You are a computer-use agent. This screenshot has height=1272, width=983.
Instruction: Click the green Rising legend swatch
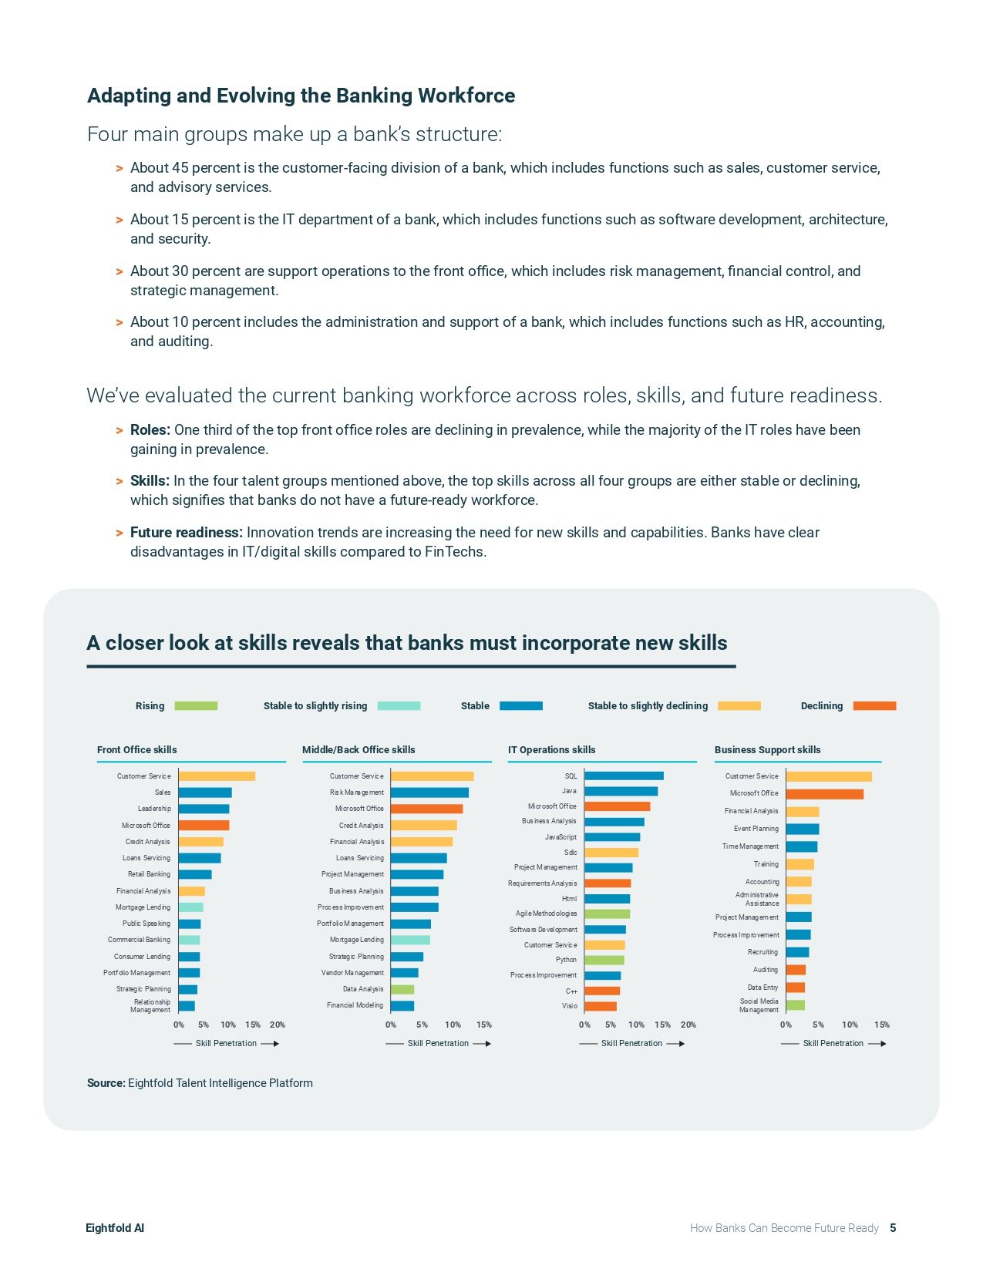[196, 705]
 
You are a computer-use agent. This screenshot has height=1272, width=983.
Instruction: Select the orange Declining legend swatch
[874, 705]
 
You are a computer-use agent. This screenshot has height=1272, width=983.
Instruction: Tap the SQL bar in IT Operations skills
[623, 776]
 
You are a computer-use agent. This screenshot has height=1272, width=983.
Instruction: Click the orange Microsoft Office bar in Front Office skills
[204, 825]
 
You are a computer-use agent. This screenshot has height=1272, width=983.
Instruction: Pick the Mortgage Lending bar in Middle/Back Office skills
[410, 940]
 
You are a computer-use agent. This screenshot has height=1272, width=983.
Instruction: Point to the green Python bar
[604, 960]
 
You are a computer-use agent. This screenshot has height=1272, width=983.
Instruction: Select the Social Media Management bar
[795, 1005]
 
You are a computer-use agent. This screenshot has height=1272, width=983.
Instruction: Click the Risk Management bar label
[356, 792]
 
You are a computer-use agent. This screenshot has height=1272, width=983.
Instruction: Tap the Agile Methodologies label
[546, 914]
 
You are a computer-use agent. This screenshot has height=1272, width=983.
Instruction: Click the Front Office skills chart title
[136, 749]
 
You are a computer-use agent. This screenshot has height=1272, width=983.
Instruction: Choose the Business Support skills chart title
[767, 749]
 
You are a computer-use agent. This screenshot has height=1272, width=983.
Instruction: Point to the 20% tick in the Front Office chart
[278, 1025]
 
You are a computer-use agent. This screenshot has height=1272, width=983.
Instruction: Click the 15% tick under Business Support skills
[881, 1025]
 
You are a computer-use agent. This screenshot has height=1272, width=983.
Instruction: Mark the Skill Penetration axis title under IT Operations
[631, 1043]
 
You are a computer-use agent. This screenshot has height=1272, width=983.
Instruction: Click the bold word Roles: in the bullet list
[150, 430]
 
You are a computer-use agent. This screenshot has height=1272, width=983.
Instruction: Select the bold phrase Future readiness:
[186, 533]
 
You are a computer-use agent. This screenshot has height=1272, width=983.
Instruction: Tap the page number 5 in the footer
[893, 1228]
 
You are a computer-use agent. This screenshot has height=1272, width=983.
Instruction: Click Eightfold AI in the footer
[114, 1228]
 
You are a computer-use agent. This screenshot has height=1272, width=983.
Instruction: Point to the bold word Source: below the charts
[106, 1083]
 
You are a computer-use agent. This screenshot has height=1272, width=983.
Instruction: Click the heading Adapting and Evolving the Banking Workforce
[301, 96]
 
